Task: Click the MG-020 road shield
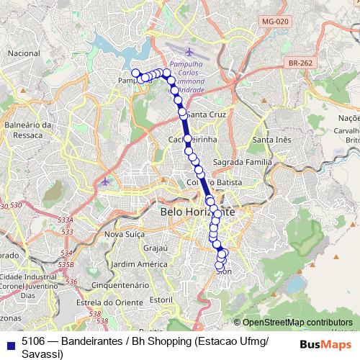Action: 275,22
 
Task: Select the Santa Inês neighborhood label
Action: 272,140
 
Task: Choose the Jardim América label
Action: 135,264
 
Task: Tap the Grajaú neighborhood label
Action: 155,248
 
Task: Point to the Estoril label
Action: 159,298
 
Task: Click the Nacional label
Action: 24,53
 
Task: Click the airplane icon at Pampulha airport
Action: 189,52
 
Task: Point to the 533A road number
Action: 66,220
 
